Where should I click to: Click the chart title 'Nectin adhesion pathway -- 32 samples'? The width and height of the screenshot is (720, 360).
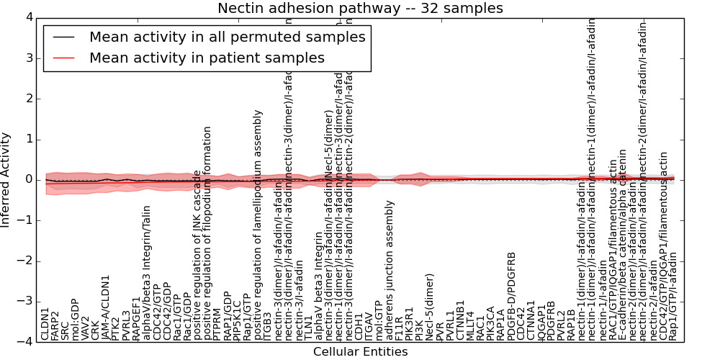[360, 9]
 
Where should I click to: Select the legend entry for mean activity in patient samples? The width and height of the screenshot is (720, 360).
[207, 58]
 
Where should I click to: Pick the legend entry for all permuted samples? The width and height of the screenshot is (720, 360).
[227, 37]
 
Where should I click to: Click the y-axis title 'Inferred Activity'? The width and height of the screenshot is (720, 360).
[6, 180]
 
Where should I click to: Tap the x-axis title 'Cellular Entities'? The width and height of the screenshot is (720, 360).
[360, 351]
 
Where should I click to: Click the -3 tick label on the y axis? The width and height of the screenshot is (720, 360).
[23, 302]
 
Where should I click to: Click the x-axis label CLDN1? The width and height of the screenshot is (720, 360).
[45, 324]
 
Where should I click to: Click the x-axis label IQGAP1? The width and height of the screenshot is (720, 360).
[542, 321]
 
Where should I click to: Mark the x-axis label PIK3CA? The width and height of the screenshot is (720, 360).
[491, 323]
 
